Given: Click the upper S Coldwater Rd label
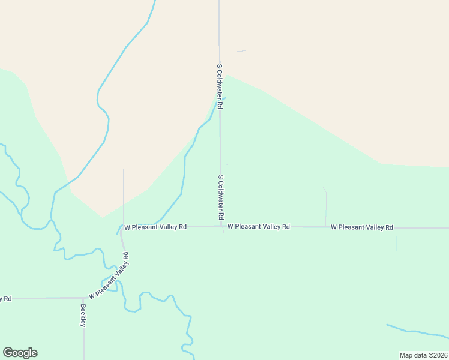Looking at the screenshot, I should tap(220, 86).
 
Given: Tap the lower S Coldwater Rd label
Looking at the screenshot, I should tap(221, 197).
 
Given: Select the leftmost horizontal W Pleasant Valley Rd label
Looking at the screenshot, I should tap(155, 227).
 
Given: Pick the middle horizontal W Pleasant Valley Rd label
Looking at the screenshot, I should tap(259, 227).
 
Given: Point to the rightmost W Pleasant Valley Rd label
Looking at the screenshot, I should tap(362, 227).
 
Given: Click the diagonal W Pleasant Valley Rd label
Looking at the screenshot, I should tap(109, 277).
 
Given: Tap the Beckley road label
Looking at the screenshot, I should tap(83, 316).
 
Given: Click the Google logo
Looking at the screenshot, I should tap(20, 353).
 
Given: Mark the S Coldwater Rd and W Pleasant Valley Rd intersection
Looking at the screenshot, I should tap(221, 227).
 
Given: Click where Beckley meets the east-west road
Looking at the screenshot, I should tap(83, 298).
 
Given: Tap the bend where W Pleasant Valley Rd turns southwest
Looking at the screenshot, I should tap(122, 228).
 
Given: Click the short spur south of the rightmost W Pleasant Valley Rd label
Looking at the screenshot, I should tap(396, 239).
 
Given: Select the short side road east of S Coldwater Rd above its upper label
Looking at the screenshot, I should tap(234, 52).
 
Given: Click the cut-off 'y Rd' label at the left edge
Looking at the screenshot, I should tap(6, 298).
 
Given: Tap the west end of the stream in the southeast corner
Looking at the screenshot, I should tap(387, 325).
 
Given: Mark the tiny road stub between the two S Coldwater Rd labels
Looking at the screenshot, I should tap(224, 164).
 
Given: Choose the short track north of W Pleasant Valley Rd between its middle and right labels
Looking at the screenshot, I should tap(325, 207).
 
